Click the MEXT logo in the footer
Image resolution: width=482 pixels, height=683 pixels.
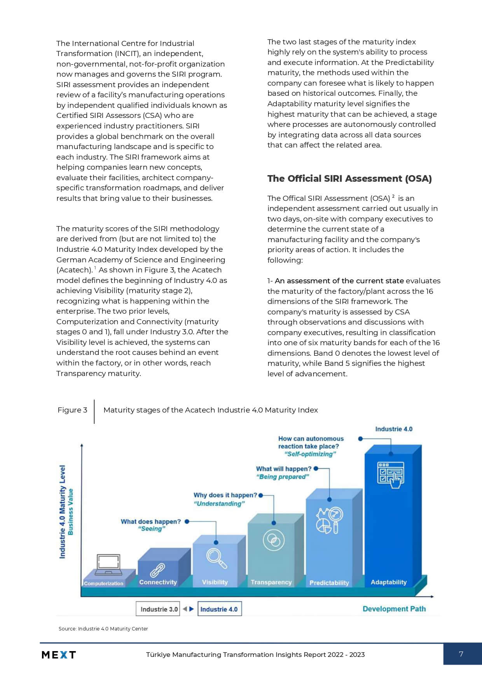[x=59, y=655]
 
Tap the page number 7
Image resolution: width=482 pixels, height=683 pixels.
[x=461, y=654]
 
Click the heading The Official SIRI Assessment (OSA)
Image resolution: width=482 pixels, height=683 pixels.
[x=349, y=179]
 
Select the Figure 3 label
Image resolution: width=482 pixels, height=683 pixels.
[x=72, y=410]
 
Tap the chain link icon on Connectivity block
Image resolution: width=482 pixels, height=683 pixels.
[x=157, y=570]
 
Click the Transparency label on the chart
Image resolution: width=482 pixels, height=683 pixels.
[x=271, y=582]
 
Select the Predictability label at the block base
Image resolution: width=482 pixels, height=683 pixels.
[x=329, y=583]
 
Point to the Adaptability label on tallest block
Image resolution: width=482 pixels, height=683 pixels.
[x=388, y=582]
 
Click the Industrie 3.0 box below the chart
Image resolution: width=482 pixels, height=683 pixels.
[x=159, y=609]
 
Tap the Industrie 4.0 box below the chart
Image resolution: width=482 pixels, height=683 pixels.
[x=219, y=609]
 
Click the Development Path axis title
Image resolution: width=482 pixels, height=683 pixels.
[x=394, y=609]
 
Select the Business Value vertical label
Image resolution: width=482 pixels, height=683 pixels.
[x=71, y=511]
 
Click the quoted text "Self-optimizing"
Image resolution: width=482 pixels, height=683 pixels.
[x=310, y=454]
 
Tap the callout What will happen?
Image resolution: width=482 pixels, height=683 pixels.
[x=283, y=469]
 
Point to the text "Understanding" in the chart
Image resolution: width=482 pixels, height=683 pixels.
[x=219, y=504]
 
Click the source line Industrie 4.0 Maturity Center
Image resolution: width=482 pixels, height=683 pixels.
[x=103, y=629]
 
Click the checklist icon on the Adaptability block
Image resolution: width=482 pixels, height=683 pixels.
[x=391, y=474]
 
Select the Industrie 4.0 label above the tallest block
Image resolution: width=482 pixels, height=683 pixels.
[x=393, y=429]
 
